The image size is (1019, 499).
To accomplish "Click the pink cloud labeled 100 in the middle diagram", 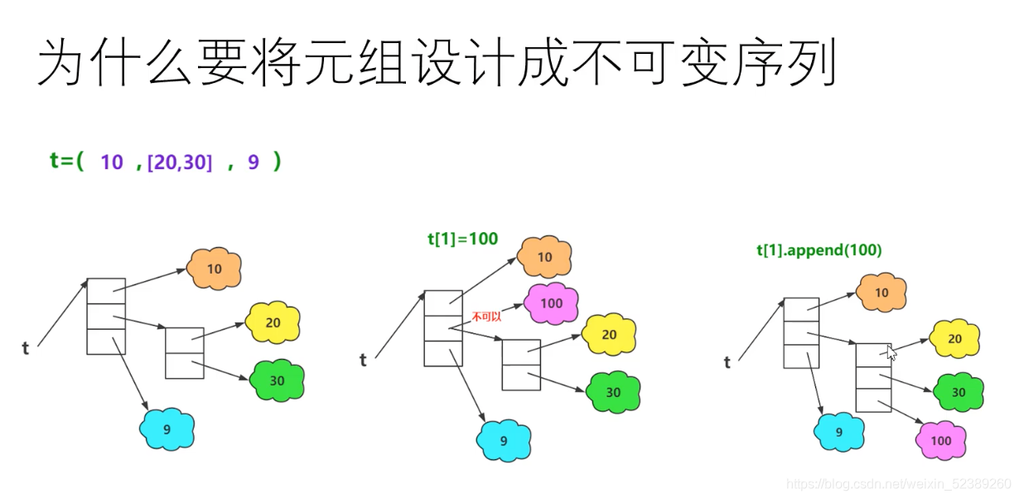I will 551,303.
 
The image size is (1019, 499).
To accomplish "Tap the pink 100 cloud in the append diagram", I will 941,440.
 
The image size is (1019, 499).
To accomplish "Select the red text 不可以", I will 487,316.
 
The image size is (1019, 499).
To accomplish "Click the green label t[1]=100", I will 462,239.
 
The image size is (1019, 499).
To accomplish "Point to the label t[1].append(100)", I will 819,249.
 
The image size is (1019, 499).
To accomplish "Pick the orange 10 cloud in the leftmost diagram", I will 214,269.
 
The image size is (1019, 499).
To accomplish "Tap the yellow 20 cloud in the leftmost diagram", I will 273,322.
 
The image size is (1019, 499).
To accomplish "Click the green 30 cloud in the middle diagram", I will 613,392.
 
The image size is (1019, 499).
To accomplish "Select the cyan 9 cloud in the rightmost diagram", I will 839,432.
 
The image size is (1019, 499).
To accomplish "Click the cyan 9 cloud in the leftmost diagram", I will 167,429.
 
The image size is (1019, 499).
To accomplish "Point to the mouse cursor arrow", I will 891,351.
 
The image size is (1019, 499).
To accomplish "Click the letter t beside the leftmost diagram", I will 26,348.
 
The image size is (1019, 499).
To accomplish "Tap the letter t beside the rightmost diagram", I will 727,361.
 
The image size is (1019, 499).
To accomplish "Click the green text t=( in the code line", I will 67,162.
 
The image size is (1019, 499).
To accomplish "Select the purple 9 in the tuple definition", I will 254,162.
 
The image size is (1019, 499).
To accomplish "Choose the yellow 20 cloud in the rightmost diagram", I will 955,338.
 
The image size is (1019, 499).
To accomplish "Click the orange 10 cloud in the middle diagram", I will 544,257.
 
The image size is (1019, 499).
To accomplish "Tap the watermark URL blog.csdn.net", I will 898,483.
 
